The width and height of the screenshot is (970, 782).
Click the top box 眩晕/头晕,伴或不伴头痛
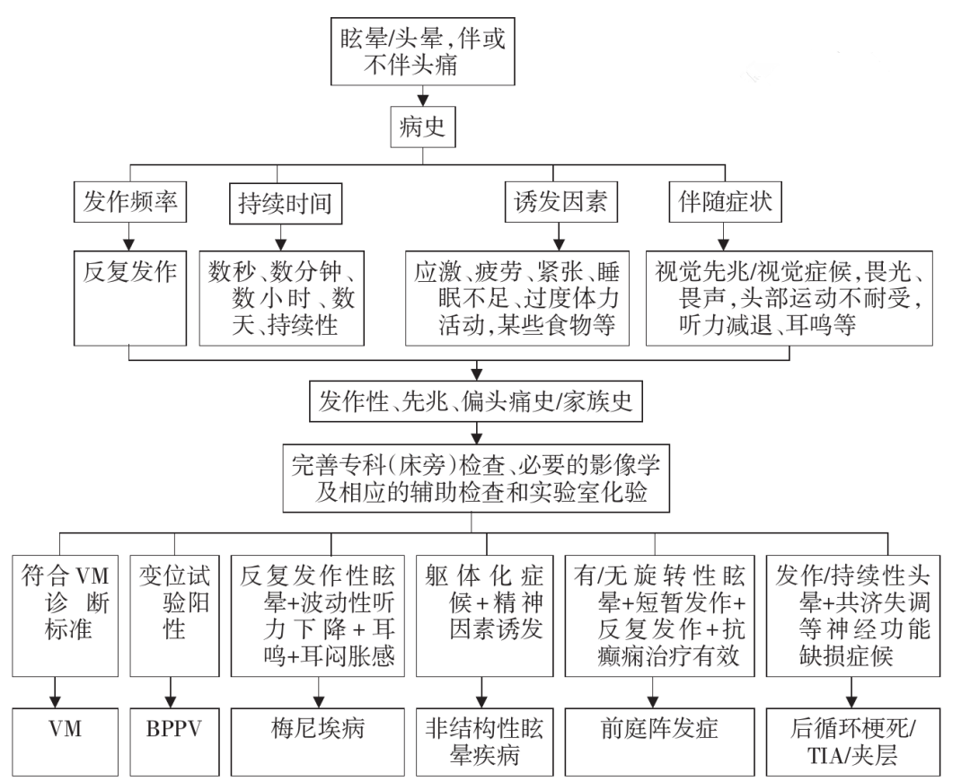(x=422, y=51)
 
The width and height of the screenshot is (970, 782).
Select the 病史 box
(x=422, y=127)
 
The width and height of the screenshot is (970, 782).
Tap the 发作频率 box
(x=130, y=201)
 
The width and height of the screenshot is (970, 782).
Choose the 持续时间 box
(x=286, y=204)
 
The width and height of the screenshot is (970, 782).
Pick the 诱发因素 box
(x=560, y=201)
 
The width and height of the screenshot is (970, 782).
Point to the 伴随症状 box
(x=725, y=201)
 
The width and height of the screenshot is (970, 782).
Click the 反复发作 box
(x=130, y=298)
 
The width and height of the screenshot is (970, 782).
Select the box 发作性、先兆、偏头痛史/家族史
(x=476, y=402)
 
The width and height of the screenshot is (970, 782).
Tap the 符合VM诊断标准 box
(x=65, y=616)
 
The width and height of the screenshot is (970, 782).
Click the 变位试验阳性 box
(x=174, y=616)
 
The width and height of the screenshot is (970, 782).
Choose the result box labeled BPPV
(x=174, y=742)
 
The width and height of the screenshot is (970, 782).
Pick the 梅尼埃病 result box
(x=318, y=742)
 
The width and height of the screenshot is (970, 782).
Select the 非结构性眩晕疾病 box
(x=484, y=742)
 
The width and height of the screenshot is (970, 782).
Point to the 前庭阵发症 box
(x=660, y=742)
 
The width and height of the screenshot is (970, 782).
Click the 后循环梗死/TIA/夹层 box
(x=853, y=742)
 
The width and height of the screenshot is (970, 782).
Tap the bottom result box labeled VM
(x=65, y=742)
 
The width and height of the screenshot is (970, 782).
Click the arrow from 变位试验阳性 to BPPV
(x=171, y=692)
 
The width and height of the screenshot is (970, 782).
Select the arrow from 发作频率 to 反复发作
(x=128, y=236)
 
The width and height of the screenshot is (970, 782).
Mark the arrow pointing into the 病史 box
(x=422, y=96)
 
